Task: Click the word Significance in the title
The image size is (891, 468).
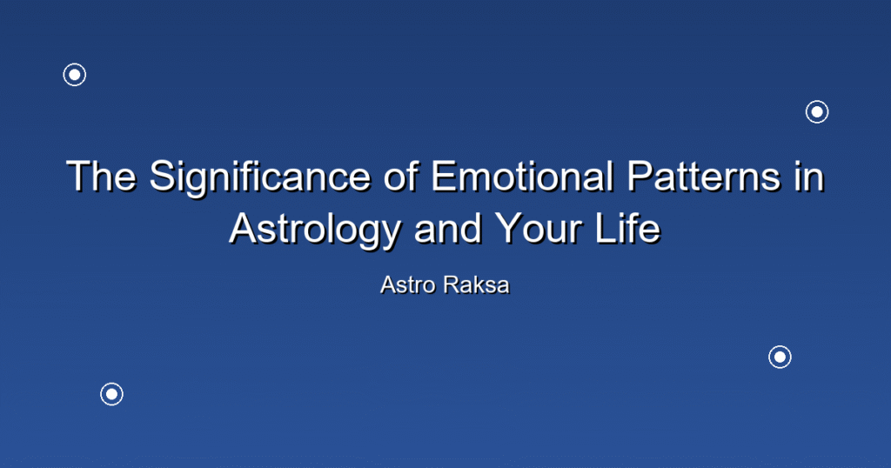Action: point(260,177)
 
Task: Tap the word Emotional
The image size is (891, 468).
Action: point(522,176)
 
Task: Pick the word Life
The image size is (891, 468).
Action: point(628,228)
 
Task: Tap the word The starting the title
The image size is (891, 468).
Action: point(101,176)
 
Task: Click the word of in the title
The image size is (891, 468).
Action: point(401,176)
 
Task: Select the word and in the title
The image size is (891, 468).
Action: point(449,228)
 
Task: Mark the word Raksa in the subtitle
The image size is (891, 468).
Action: point(478,285)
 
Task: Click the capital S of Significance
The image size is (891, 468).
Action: point(161,176)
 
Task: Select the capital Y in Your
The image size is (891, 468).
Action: point(508,228)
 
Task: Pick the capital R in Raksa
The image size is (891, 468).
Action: point(452,285)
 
